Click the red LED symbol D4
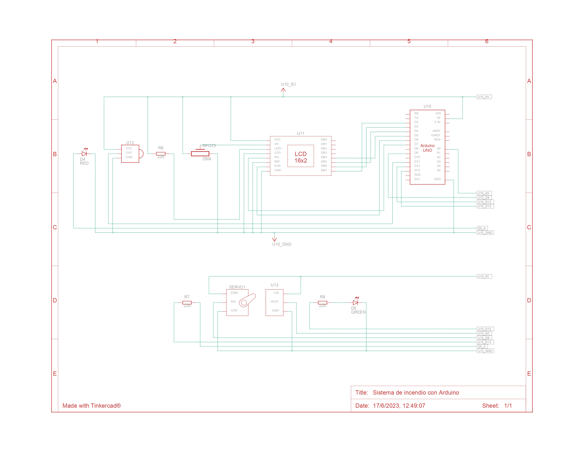point(84,154)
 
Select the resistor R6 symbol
point(161,154)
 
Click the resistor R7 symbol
point(187,303)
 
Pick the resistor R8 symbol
point(322,303)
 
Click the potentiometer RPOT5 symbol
point(200,154)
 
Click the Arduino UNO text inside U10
point(427,148)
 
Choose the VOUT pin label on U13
point(275,302)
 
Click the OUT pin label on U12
point(129,153)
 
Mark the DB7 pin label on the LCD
point(324,170)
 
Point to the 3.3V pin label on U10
point(437,122)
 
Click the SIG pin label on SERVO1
point(233,302)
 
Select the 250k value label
point(207,159)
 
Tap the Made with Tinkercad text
point(91,406)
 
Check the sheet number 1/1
point(508,406)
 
